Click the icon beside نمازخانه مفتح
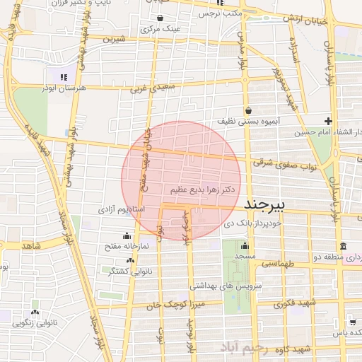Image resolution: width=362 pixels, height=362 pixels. point(127,236)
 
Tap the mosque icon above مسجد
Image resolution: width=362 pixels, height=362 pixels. point(245,245)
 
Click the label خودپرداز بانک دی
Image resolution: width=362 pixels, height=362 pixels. point(252,222)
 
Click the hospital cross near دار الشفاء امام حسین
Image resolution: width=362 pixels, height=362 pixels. point(328,120)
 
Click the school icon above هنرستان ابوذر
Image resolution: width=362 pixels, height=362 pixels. point(64,77)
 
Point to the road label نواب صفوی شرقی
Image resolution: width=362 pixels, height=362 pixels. point(271,162)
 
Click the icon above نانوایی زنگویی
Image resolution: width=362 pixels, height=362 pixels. point(34,312)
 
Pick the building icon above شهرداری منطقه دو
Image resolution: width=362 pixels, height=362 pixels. point(342,245)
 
